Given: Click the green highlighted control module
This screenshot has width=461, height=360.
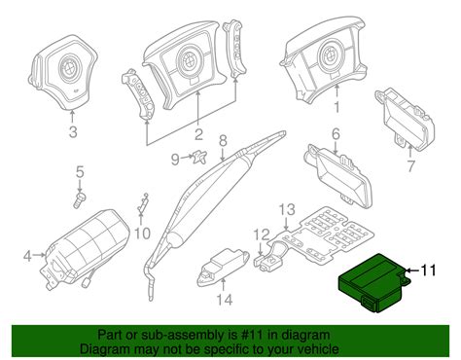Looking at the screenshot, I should coord(374,282).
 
